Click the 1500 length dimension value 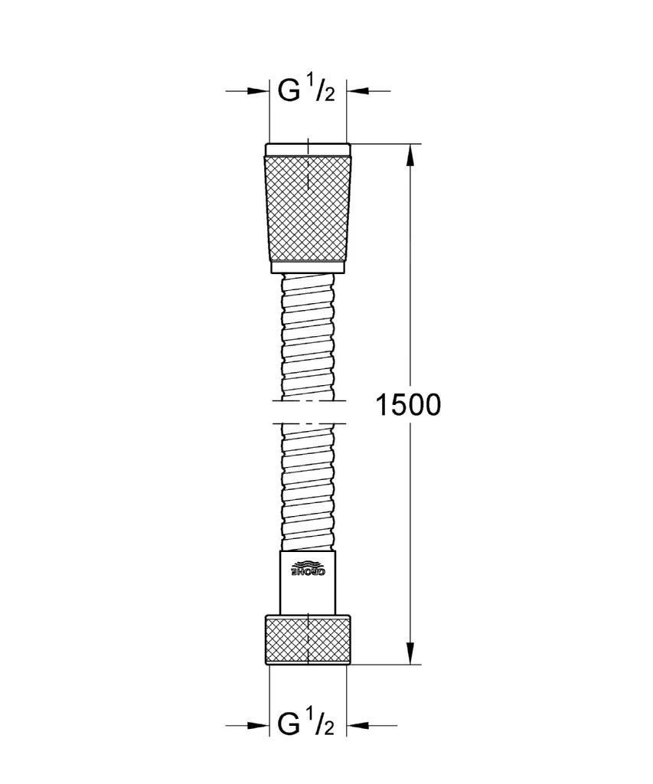pos(407,405)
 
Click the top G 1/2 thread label pos(306,91)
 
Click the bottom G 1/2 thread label pos(306,724)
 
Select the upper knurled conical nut pos(308,208)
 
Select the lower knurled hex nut pos(308,639)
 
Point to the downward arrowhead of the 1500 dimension pos(411,653)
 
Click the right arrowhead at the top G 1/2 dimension pos(358,91)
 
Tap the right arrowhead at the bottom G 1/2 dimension pos(358,724)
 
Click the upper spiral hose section pos(308,337)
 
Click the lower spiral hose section pos(308,486)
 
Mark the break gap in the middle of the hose pos(308,411)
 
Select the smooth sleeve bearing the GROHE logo pos(308,582)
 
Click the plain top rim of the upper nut pos(308,149)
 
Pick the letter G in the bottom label pos(289,724)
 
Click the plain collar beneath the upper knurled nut pos(308,268)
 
